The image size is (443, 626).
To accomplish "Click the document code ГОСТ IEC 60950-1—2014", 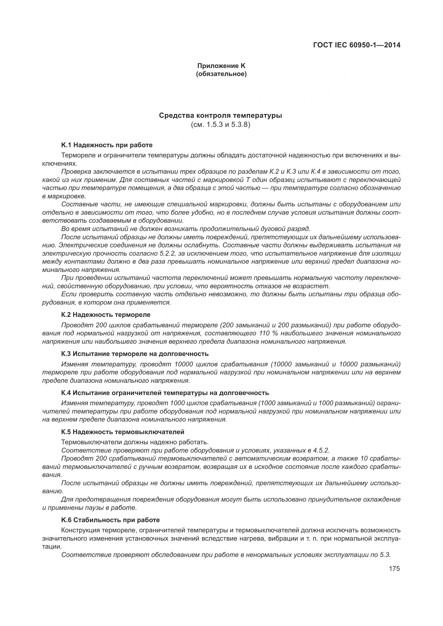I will point(356,45).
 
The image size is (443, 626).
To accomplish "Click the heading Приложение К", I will point(221,66).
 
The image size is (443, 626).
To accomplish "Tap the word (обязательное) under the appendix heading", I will point(221,74).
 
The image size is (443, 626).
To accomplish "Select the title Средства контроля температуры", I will point(220,116).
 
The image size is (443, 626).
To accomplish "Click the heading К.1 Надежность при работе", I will point(107,145).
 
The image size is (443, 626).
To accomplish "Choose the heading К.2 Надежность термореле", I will point(106,315).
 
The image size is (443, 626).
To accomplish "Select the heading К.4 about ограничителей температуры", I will point(165,393).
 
